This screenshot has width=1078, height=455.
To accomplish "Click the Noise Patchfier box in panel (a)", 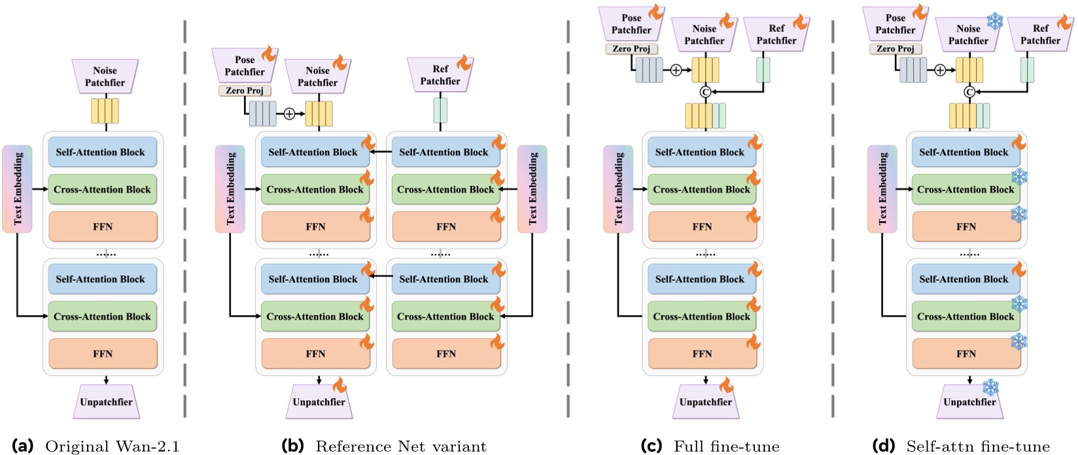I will coord(105,76).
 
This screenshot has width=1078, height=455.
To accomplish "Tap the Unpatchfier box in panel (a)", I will coord(106,402).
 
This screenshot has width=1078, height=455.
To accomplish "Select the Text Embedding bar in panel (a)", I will coord(18,189).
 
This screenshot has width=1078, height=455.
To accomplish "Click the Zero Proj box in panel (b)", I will coord(245,91).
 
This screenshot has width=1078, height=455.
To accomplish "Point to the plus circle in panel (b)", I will coord(289,114).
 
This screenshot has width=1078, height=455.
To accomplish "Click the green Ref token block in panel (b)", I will coord(440,110).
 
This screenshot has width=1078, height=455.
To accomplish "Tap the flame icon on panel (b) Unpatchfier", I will coord(339,385).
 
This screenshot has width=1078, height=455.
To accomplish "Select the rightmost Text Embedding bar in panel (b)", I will coord(532,189).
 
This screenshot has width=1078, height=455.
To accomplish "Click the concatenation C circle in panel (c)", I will coord(705,92).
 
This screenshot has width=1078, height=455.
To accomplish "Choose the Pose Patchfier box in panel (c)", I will coord(631,24).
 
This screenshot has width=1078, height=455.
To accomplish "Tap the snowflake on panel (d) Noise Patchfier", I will coord(995,21).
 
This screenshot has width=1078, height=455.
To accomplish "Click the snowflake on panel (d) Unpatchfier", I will coord(990,387).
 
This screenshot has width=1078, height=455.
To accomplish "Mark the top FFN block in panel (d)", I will coord(965,227).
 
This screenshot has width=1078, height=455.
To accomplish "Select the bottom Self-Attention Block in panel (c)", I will coord(699,279).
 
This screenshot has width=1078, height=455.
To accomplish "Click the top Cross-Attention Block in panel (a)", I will coord(102,190).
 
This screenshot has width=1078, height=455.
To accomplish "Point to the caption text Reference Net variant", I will coord(401,447).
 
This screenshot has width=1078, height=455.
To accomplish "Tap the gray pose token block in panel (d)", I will coord(913,70).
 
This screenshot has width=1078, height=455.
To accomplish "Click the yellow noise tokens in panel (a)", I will coord(105,111).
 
